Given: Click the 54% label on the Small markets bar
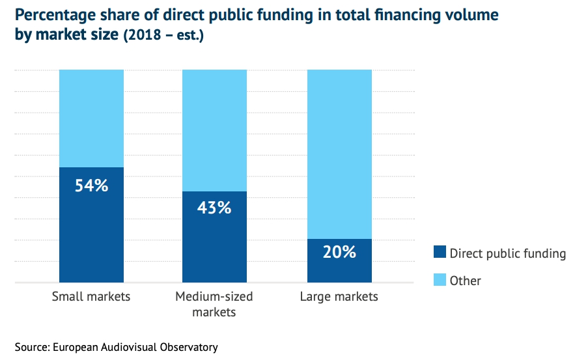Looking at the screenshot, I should (91, 186).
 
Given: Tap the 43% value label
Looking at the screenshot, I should (215, 208).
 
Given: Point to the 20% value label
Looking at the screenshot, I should (339, 252).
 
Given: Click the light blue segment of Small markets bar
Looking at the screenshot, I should (91, 117).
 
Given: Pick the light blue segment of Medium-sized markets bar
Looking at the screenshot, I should (215, 130).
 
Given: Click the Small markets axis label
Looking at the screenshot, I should (91, 297).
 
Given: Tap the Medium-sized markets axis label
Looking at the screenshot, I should (214, 304).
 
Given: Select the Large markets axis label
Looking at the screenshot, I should (339, 297).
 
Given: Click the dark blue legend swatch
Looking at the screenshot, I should (440, 253).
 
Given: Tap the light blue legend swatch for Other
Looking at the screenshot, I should (440, 281).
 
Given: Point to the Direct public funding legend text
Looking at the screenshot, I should (507, 253).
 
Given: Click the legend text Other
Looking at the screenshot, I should (465, 281).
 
